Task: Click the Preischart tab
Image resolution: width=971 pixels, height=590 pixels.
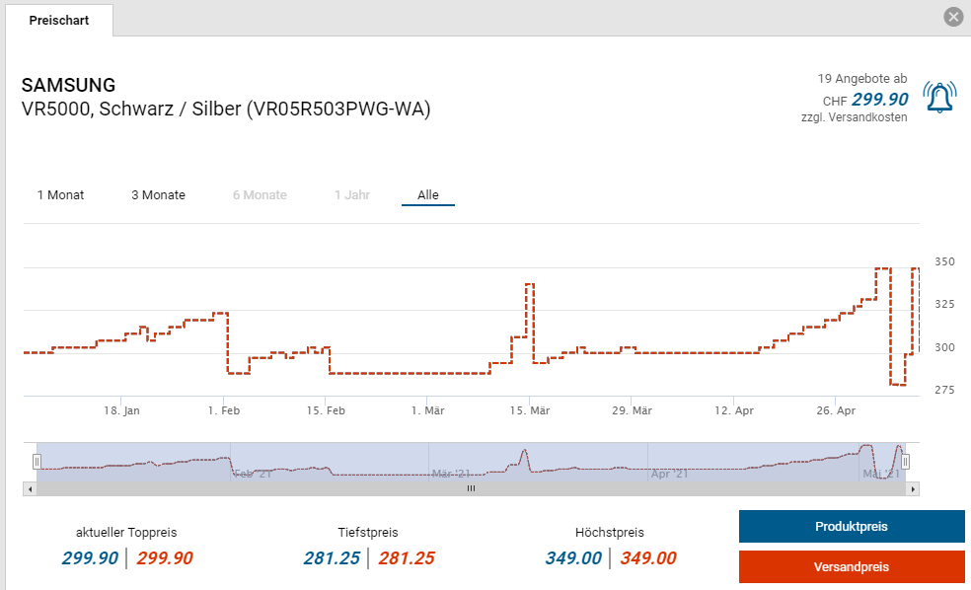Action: pyautogui.click(x=59, y=20)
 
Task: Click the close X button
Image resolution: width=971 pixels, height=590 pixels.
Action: pyautogui.click(x=952, y=17)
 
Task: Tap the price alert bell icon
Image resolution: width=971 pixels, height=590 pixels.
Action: pyautogui.click(x=939, y=97)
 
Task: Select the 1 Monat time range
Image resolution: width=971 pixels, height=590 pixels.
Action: pyautogui.click(x=60, y=194)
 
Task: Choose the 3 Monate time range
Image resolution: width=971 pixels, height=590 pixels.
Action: pyautogui.click(x=158, y=194)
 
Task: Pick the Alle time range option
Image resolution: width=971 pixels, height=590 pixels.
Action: pyautogui.click(x=427, y=194)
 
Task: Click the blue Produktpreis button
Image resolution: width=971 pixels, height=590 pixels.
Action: pyautogui.click(x=851, y=526)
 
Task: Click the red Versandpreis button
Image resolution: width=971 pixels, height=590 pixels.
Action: pyautogui.click(x=851, y=566)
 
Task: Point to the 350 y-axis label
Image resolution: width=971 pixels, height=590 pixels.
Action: pyautogui.click(x=944, y=261)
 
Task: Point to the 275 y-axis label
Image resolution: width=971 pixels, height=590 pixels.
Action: pyautogui.click(x=944, y=390)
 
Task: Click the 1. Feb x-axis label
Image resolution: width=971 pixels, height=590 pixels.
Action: pyautogui.click(x=224, y=410)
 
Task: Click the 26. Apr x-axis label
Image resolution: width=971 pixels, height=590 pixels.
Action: pyautogui.click(x=836, y=410)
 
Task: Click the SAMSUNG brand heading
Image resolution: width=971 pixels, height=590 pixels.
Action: pyautogui.click(x=68, y=85)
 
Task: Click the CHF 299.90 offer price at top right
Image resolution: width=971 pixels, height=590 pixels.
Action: pyautogui.click(x=878, y=100)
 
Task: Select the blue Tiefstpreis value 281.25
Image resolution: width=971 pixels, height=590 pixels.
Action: pyautogui.click(x=332, y=558)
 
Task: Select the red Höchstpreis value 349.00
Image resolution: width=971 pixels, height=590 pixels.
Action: pyautogui.click(x=648, y=558)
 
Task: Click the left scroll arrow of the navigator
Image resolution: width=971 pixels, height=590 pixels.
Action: pyautogui.click(x=30, y=488)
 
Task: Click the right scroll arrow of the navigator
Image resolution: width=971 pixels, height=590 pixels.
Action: pyautogui.click(x=913, y=488)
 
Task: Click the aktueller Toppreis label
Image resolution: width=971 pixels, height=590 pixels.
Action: pyautogui.click(x=126, y=532)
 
